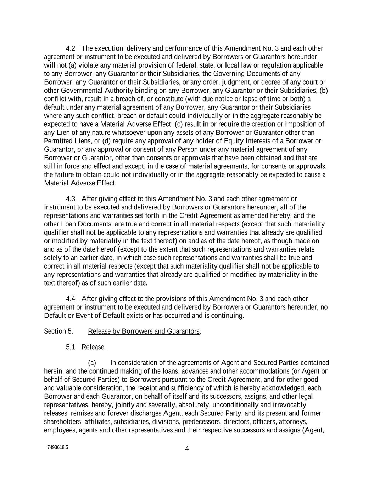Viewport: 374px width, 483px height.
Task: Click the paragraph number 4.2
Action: point(71,48)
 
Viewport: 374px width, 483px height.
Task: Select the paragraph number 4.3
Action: point(71,199)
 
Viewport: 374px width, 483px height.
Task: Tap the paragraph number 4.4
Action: point(71,299)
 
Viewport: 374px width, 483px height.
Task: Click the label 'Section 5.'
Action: point(58,332)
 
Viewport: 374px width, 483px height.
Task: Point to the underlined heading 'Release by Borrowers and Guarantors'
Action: point(144,332)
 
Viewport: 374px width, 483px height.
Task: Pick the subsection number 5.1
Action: point(71,347)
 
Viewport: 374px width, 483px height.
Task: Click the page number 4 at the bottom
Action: point(187,449)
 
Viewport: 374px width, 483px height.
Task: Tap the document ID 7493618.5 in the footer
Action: point(57,447)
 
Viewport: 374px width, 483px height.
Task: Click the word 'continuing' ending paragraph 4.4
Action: point(227,316)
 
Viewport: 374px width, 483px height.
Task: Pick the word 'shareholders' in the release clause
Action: point(61,422)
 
